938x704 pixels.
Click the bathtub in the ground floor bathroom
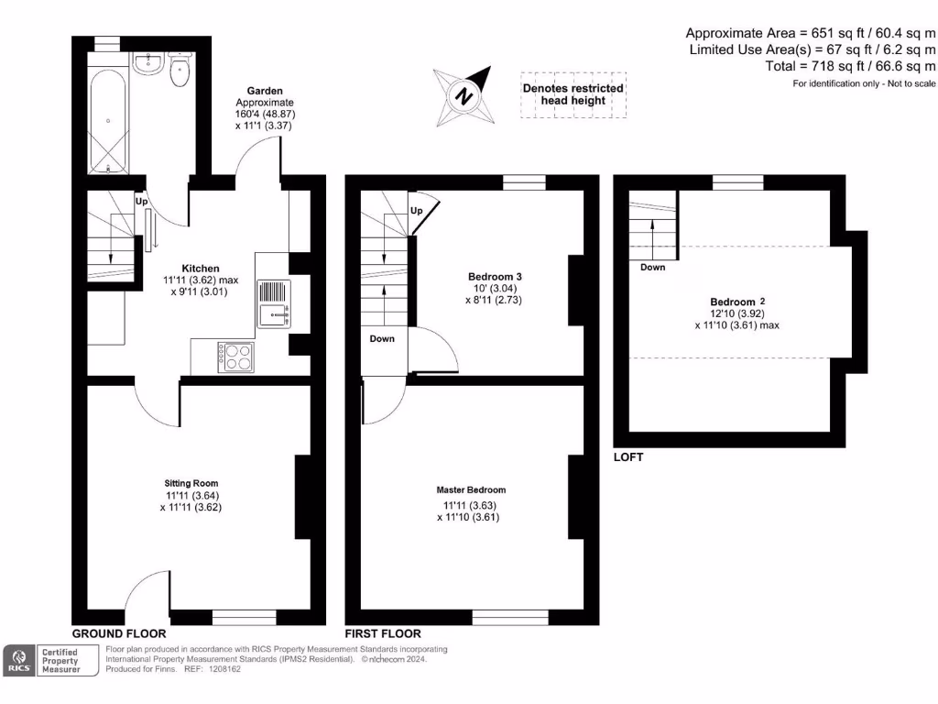point(109,120)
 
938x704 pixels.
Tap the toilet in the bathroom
point(180,71)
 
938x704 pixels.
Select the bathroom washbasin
point(147,63)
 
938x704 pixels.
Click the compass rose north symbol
point(464,96)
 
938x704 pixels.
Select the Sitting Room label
point(191,483)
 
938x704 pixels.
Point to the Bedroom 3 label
point(495,276)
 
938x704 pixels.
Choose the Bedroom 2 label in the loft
point(737,302)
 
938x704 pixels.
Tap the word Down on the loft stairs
point(653,268)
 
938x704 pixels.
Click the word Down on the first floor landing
point(382,339)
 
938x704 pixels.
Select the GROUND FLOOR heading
point(119,633)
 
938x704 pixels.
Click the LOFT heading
point(628,456)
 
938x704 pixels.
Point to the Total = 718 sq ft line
point(850,66)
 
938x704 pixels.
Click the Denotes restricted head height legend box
point(573,94)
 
